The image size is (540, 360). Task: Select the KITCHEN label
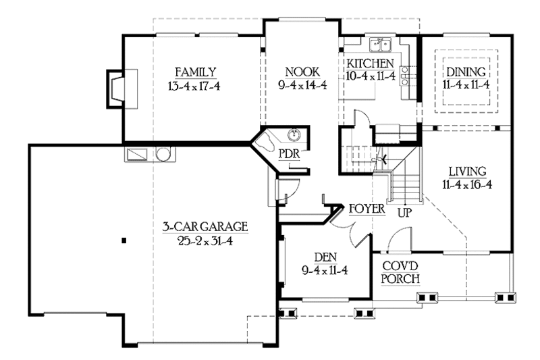[x=371, y=63]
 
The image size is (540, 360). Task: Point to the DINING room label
[x=466, y=72]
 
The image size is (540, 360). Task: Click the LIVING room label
[x=466, y=171]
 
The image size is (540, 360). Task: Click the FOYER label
[x=367, y=209]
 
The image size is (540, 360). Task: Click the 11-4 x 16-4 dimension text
[x=466, y=184]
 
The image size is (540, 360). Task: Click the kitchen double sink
[x=382, y=46]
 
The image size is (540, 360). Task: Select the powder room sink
[x=295, y=134]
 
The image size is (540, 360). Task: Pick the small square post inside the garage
[x=124, y=240]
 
